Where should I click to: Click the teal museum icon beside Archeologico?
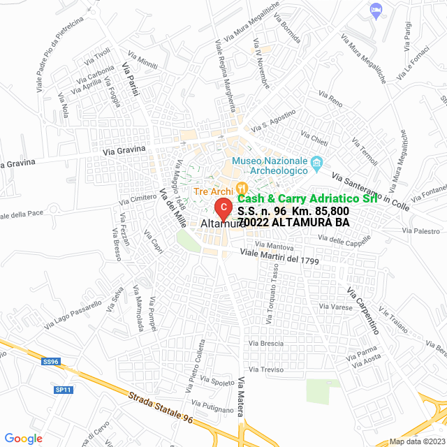[317, 165]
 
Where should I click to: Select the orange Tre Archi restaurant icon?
[242, 187]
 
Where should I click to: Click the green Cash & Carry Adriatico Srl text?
[307, 199]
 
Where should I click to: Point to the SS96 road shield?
[51, 362]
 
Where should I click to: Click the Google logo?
[22, 438]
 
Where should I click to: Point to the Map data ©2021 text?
[416, 441]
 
